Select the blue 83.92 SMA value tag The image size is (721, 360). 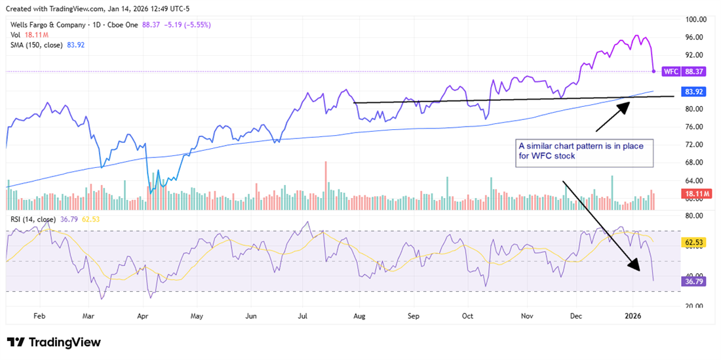(693, 92)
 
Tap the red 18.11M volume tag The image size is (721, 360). (693, 195)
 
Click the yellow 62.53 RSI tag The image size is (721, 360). (693, 242)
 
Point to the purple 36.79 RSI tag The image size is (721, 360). (693, 281)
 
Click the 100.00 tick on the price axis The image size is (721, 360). (693, 19)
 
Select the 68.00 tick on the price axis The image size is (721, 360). (693, 163)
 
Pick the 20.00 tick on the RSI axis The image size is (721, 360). (693, 306)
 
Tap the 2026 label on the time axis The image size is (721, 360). (633, 315)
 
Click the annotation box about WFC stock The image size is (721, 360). (583, 151)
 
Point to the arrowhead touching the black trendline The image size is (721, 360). (625, 105)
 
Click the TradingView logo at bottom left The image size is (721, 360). (54, 342)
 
